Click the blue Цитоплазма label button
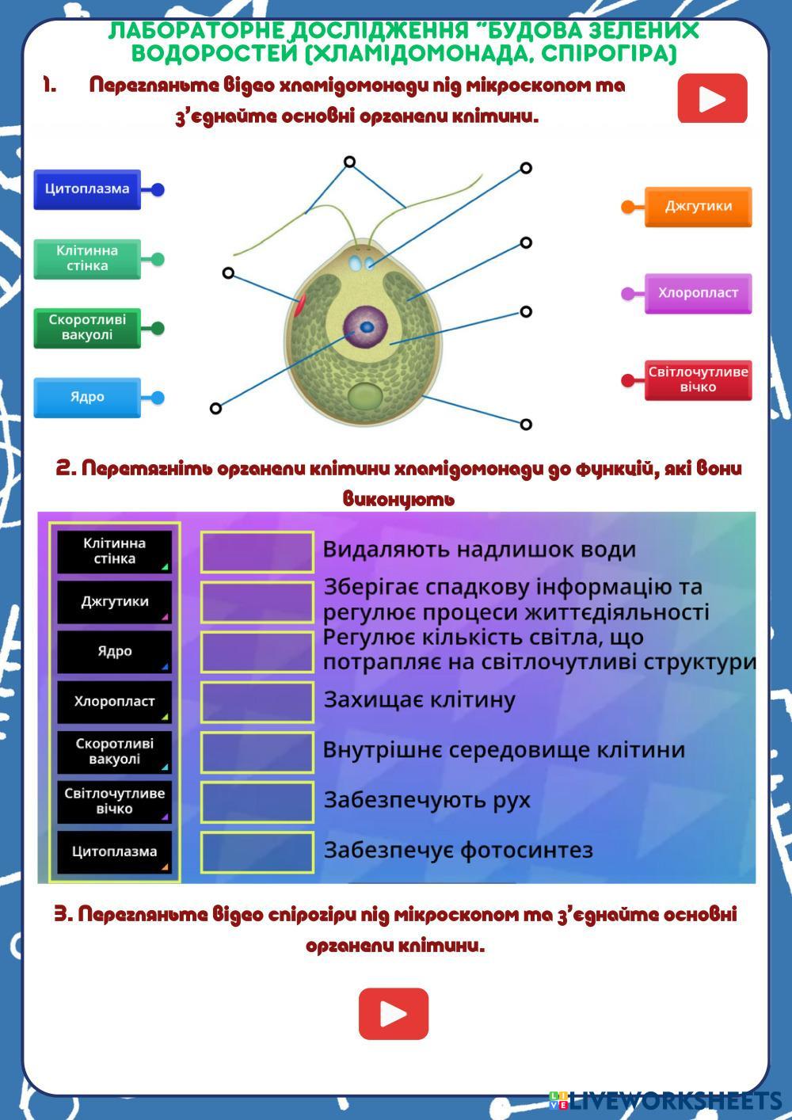pyautogui.click(x=87, y=189)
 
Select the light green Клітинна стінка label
pyautogui.click(x=87, y=258)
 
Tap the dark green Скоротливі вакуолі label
pyautogui.click(x=87, y=328)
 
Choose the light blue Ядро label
pyautogui.click(x=87, y=398)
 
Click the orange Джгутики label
pyautogui.click(x=698, y=207)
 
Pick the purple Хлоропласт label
pyautogui.click(x=698, y=294)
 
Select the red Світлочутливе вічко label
pyautogui.click(x=698, y=380)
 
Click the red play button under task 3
pyautogui.click(x=394, y=1014)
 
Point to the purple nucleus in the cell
pyautogui.click(x=366, y=327)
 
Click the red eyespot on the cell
pyautogui.click(x=299, y=304)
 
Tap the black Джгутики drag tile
pyautogui.click(x=115, y=601)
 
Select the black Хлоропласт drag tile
pyautogui.click(x=115, y=702)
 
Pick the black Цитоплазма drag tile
pyautogui.click(x=115, y=852)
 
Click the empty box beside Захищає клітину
pyautogui.click(x=257, y=702)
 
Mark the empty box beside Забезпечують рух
pyautogui.click(x=257, y=802)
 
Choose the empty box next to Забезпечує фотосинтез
pyautogui.click(x=257, y=853)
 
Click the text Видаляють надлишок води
pyautogui.click(x=479, y=550)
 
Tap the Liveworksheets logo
pyautogui.click(x=665, y=1101)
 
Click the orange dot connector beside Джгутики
pyautogui.click(x=627, y=207)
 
